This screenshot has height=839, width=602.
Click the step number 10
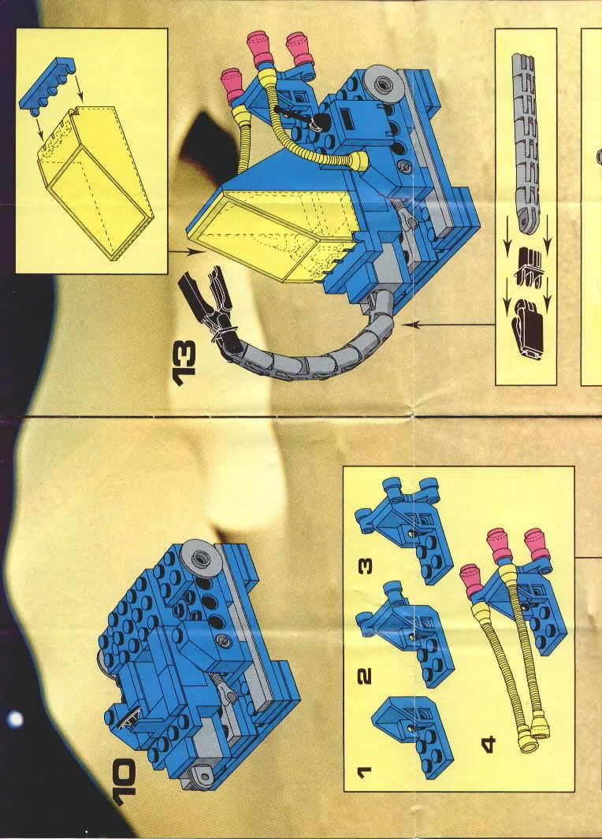(126, 782)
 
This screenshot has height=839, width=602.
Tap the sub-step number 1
(364, 771)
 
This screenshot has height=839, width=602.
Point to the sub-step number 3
(365, 566)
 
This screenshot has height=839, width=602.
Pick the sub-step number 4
(488, 743)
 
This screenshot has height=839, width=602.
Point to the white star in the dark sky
(16, 718)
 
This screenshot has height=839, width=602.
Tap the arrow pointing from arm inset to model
(449, 324)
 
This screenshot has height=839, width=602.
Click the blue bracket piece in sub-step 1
(413, 738)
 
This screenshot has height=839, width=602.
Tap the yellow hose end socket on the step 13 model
(355, 161)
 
